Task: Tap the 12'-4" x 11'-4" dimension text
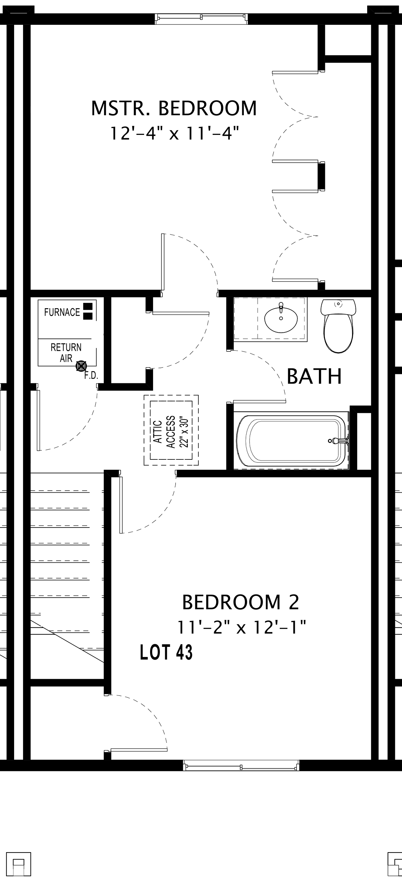coord(174,133)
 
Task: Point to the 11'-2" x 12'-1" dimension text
coord(241,627)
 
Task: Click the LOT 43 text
coord(166,652)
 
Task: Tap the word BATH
coord(314,376)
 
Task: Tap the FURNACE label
coord(62,312)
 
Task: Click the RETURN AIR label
coord(66,353)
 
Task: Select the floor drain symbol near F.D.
coord(81,366)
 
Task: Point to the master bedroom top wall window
coord(201,19)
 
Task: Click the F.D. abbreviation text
coord(91,376)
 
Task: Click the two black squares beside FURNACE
coord(88,311)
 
